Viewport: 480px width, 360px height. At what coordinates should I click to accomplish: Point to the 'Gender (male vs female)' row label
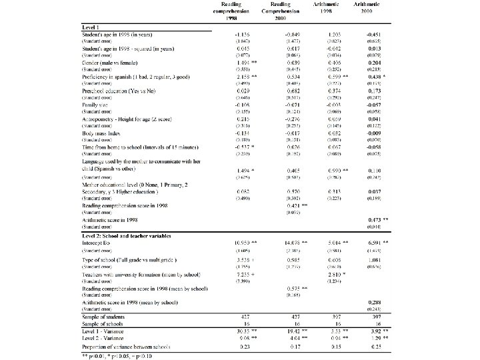(110, 61)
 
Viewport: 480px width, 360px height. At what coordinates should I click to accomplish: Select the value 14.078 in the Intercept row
(290, 242)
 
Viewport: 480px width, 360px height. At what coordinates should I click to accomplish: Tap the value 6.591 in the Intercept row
(374, 242)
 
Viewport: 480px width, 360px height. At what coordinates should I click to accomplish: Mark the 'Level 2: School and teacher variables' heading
(127, 235)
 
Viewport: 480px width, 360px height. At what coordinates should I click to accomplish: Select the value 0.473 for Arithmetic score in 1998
(374, 219)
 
